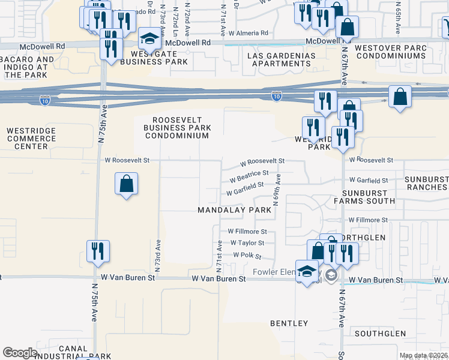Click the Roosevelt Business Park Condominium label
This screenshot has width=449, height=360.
[x=177, y=127]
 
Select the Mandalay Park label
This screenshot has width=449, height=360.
[x=235, y=210]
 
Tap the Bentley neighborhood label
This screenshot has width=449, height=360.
[x=289, y=323]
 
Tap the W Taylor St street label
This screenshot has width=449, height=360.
[x=246, y=243]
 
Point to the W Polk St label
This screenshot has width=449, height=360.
[x=247, y=256]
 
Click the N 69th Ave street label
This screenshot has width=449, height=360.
[x=278, y=190]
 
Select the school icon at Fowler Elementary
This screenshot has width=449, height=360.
[x=307, y=271]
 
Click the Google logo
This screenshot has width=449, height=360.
[x=20, y=353]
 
